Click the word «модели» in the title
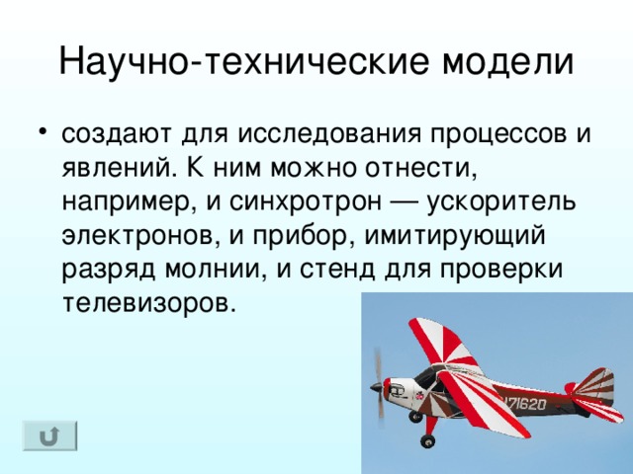[x=507, y=61]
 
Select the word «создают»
[x=117, y=133]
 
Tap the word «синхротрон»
[x=306, y=201]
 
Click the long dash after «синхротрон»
[x=405, y=202]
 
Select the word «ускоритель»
[x=501, y=201]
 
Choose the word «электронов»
[x=141, y=236]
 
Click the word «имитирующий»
[x=455, y=236]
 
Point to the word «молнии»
[x=216, y=270]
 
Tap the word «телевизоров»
[x=148, y=303]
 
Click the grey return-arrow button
[x=49, y=435]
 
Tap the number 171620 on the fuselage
[x=523, y=403]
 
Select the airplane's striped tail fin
[x=596, y=386]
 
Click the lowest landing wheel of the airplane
[x=427, y=441]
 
